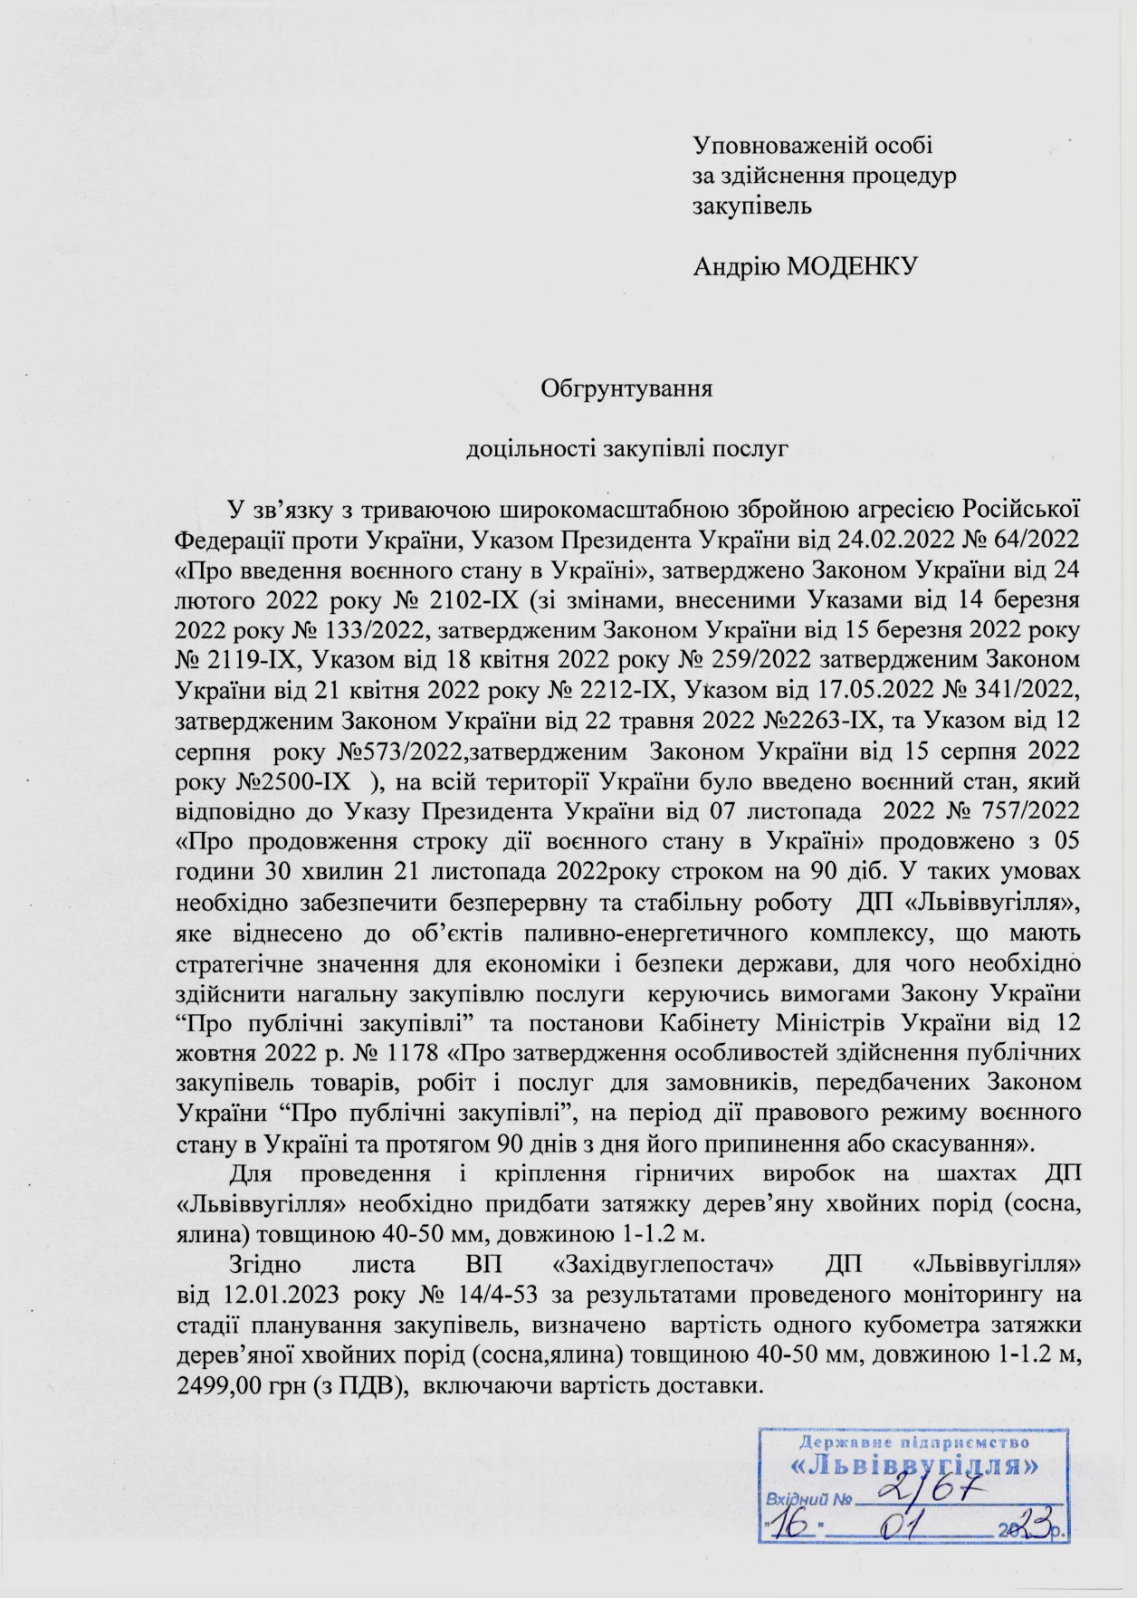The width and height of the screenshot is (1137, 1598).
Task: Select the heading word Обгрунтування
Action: tap(626, 389)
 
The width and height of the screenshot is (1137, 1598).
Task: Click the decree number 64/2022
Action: tap(1038, 540)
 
